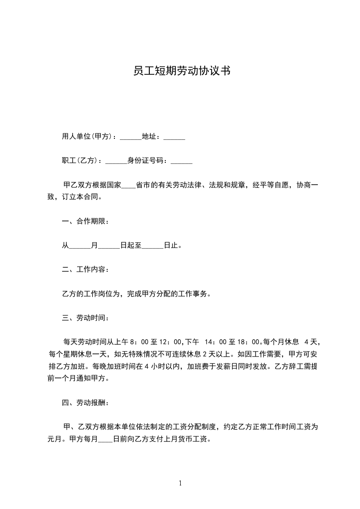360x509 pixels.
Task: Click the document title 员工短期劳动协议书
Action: [x=180, y=71]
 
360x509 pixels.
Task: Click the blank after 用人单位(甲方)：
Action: [x=130, y=137]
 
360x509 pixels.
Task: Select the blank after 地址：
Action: [x=174, y=137]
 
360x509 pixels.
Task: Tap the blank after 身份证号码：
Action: [x=181, y=161]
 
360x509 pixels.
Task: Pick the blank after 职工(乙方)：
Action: [x=116, y=161]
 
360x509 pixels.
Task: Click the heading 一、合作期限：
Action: [x=85, y=222]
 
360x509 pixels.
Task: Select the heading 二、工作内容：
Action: [x=85, y=270]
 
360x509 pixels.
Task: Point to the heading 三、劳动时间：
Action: [x=85, y=318]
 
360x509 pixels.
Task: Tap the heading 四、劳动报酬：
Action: [x=85, y=402]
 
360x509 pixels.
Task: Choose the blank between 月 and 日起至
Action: [x=109, y=246]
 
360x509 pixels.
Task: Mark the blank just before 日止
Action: [x=153, y=246]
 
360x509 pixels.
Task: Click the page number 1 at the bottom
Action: [x=180, y=483]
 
